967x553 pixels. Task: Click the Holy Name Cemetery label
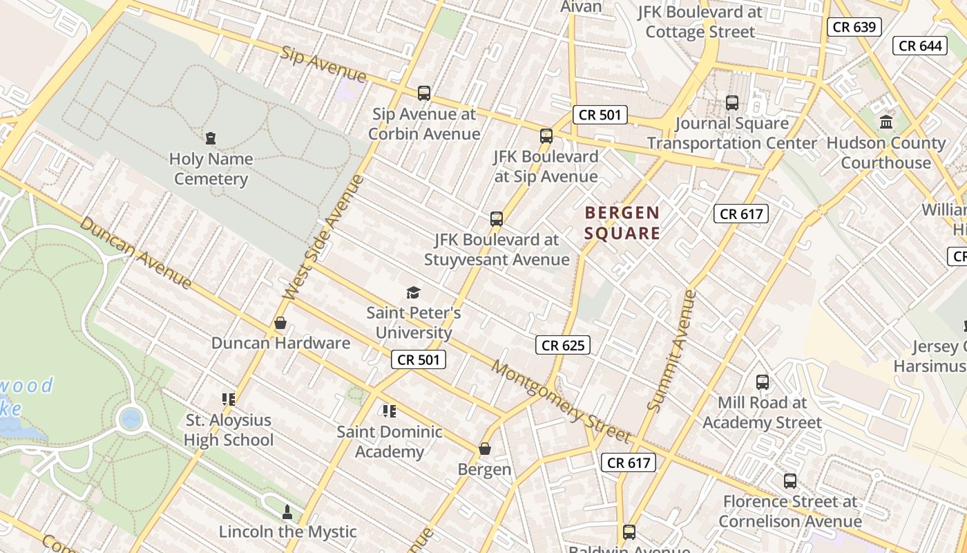[211, 169]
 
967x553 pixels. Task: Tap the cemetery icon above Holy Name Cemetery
[211, 138]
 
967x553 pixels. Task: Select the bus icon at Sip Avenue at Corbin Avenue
[423, 93]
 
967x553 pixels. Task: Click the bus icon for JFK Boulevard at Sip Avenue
[546, 135]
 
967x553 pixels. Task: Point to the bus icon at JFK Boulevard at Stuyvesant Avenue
[496, 219]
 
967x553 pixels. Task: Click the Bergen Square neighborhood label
[622, 223]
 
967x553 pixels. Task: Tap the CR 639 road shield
[854, 27]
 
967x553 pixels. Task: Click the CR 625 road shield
[563, 345]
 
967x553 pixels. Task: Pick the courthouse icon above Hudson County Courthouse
[886, 122]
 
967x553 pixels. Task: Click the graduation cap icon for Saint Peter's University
[413, 292]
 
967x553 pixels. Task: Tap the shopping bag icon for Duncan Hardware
[280, 323]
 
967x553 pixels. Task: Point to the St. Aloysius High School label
[229, 430]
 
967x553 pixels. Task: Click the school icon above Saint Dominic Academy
[389, 411]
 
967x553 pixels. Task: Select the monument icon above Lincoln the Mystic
[287, 512]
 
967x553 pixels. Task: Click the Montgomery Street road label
[560, 401]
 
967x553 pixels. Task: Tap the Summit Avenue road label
[671, 350]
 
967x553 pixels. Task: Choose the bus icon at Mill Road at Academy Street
[763, 382]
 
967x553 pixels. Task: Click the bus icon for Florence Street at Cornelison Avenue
[789, 480]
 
